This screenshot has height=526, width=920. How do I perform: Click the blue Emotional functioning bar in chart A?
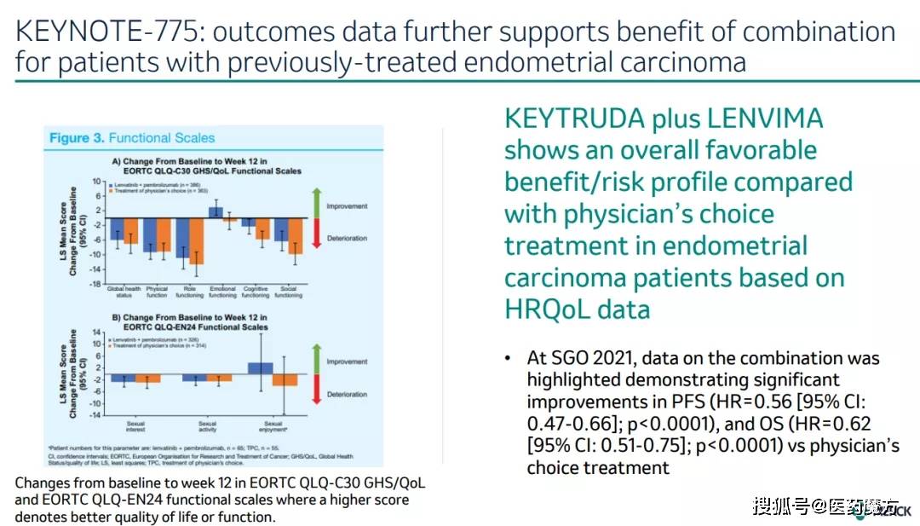[x=216, y=212]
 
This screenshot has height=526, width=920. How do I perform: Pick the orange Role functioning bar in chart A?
[x=196, y=246]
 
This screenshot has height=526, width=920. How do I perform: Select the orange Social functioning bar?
[x=295, y=236]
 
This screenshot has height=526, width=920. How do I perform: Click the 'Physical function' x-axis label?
[x=157, y=292]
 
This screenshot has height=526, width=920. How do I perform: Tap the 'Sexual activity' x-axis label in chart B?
[x=207, y=426]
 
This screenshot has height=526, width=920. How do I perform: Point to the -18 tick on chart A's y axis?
[x=98, y=283]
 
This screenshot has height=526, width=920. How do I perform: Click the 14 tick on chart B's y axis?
[x=97, y=331]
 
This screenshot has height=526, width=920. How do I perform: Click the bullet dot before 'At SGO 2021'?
[x=509, y=358]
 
